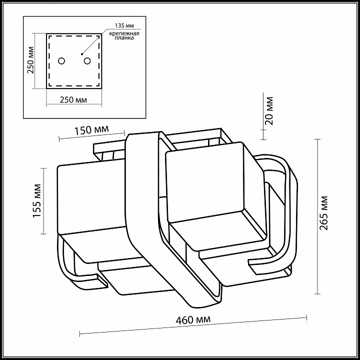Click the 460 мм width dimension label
(x=193, y=319)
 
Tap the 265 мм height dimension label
(x=323, y=213)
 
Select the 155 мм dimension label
(x=37, y=200)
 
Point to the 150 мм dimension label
(x=91, y=130)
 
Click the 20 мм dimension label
(x=269, y=111)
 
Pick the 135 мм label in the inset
(x=124, y=25)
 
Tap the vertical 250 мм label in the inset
(x=30, y=60)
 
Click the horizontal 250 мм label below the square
(x=73, y=100)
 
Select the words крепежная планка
(x=124, y=35)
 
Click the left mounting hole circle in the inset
(x=61, y=61)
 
